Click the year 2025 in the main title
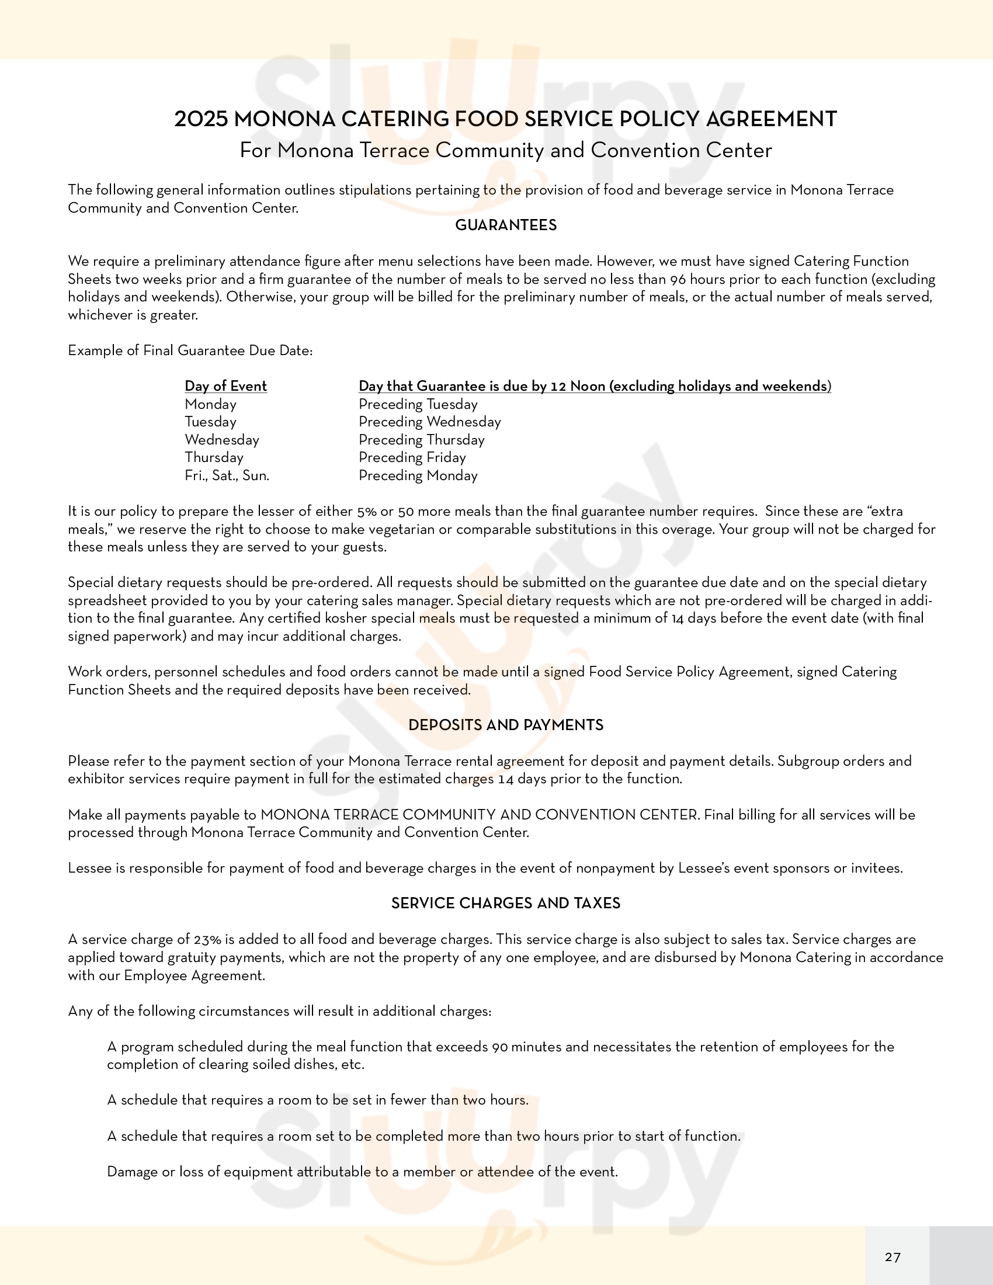pos(200,119)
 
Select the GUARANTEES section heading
pos(506,225)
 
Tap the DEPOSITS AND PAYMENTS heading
pos(506,725)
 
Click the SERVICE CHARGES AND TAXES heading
pos(506,903)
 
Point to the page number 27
pos(893,1258)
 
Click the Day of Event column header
pos(226,386)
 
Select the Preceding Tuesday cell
pos(418,404)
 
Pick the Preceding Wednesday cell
pos(430,422)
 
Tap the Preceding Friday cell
pos(412,457)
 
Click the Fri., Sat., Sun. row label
pos(227,475)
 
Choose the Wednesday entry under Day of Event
pos(222,439)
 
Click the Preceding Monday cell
pos(418,475)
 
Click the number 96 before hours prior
pos(678,279)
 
